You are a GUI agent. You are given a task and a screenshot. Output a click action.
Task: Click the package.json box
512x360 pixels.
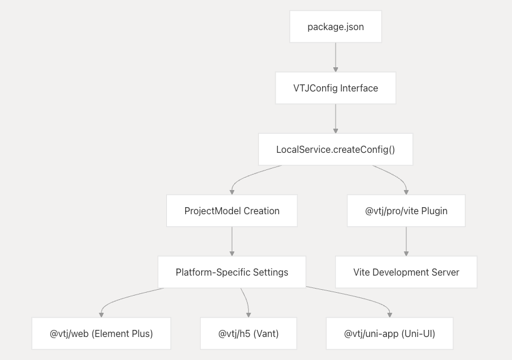point(336,27)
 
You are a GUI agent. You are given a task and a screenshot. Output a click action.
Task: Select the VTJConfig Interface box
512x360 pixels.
point(336,88)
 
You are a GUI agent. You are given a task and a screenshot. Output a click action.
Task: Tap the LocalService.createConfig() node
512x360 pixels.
point(336,149)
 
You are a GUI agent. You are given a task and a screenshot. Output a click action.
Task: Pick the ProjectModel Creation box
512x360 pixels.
point(232,211)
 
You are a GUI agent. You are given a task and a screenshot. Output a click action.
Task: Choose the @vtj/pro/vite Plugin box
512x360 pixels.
point(406,211)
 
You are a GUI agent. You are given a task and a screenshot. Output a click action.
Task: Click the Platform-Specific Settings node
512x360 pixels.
point(232,272)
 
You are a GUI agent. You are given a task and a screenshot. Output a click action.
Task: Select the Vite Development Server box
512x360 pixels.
point(406,272)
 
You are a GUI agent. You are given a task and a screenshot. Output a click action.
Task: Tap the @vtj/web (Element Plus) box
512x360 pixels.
point(101,333)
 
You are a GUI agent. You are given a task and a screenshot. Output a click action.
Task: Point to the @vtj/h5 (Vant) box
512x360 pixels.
point(248,333)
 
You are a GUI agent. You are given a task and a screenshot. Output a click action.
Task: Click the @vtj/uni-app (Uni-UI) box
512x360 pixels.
point(389,333)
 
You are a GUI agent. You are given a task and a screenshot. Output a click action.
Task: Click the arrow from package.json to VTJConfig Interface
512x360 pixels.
point(336,57)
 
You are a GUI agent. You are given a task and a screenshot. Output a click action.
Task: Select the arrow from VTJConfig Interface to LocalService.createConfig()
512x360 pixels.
point(336,119)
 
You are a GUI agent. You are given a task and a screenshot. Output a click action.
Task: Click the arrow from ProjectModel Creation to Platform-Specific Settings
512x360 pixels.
point(232,241)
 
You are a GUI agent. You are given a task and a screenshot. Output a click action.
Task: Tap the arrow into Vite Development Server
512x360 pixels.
point(406,241)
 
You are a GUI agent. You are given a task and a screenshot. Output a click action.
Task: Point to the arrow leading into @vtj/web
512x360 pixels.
point(122,298)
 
